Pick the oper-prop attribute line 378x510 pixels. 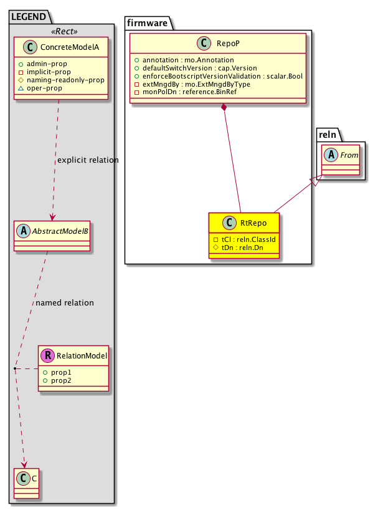57,89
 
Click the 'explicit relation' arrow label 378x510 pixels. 87,160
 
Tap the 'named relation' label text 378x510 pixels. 65,303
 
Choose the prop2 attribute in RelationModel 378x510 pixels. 61,380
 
